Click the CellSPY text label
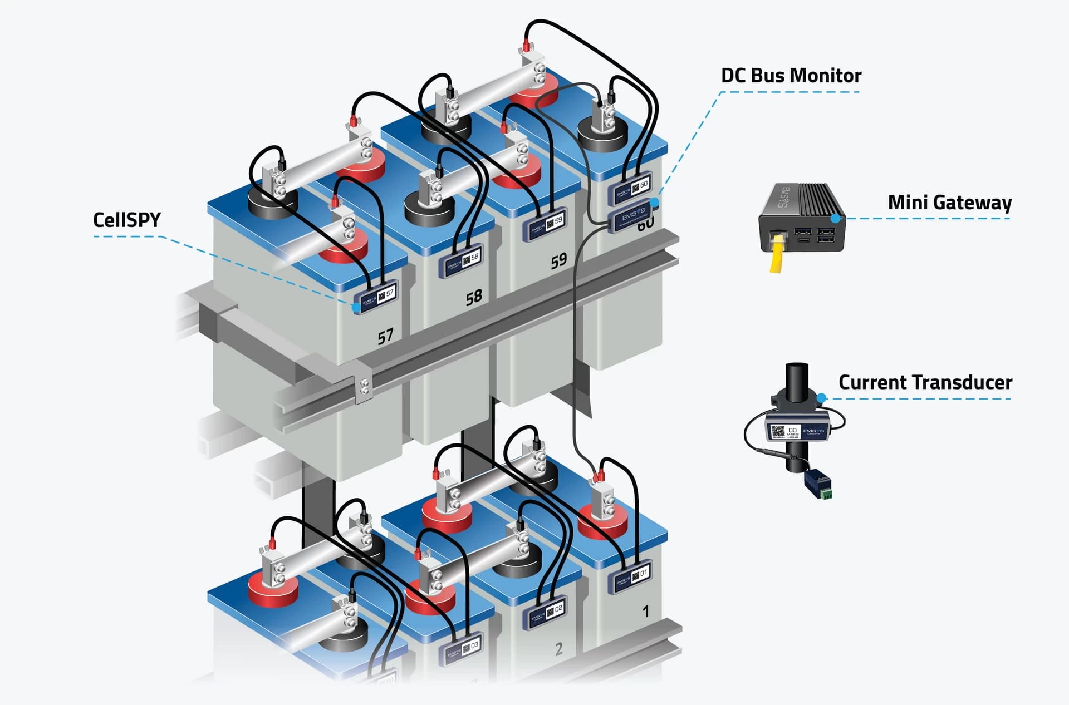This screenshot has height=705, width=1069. [x=126, y=220]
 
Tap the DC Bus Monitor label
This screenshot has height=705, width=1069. [x=791, y=75]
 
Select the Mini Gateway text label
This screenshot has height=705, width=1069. [x=949, y=202]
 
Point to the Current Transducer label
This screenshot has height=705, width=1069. [x=925, y=382]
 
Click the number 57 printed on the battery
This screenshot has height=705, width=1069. [x=385, y=336]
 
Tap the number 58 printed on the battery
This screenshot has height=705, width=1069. [x=473, y=297]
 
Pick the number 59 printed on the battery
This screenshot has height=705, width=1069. [x=558, y=260]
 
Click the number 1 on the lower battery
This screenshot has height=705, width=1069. [x=645, y=612]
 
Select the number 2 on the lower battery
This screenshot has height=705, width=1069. [x=559, y=648]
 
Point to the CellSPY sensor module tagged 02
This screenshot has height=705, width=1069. [x=546, y=613]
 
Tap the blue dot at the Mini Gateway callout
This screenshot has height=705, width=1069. [x=835, y=218]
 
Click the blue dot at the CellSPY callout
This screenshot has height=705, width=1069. [x=355, y=307]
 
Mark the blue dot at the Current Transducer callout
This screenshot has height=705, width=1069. [x=822, y=398]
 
